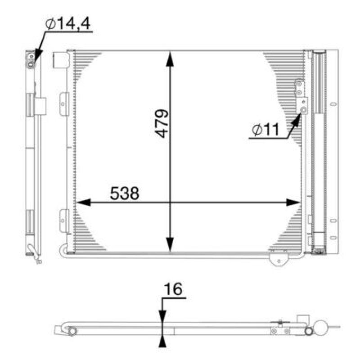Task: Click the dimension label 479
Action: [x=162, y=123]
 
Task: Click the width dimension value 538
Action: [x=125, y=193]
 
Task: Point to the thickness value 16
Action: [x=173, y=290]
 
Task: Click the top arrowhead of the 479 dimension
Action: [x=170, y=58]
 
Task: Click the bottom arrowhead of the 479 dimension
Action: [x=170, y=246]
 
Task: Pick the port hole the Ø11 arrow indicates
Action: [x=304, y=110]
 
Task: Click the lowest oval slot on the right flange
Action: [x=333, y=237]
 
